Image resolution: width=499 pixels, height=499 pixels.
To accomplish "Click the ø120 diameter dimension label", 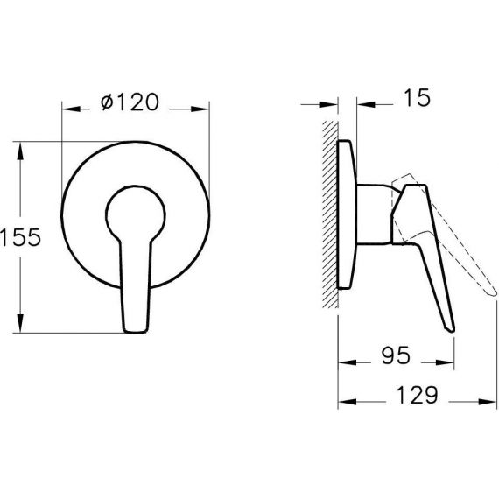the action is [x=130, y=102].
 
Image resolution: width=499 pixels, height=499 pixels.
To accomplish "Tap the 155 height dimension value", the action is [x=21, y=237].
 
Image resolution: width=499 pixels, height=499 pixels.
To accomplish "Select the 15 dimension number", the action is [x=417, y=98].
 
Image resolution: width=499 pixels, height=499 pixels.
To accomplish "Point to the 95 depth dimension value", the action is [x=396, y=355].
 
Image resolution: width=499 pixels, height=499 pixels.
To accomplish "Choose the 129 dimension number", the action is [x=418, y=395].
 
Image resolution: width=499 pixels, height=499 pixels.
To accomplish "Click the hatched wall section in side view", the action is [x=330, y=214].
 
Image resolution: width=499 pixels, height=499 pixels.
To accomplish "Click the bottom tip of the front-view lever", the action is [x=136, y=332].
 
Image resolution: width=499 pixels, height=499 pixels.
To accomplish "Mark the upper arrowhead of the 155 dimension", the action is [x=20, y=151].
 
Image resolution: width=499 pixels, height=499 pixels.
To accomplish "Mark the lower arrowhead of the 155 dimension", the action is [x=20, y=323].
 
